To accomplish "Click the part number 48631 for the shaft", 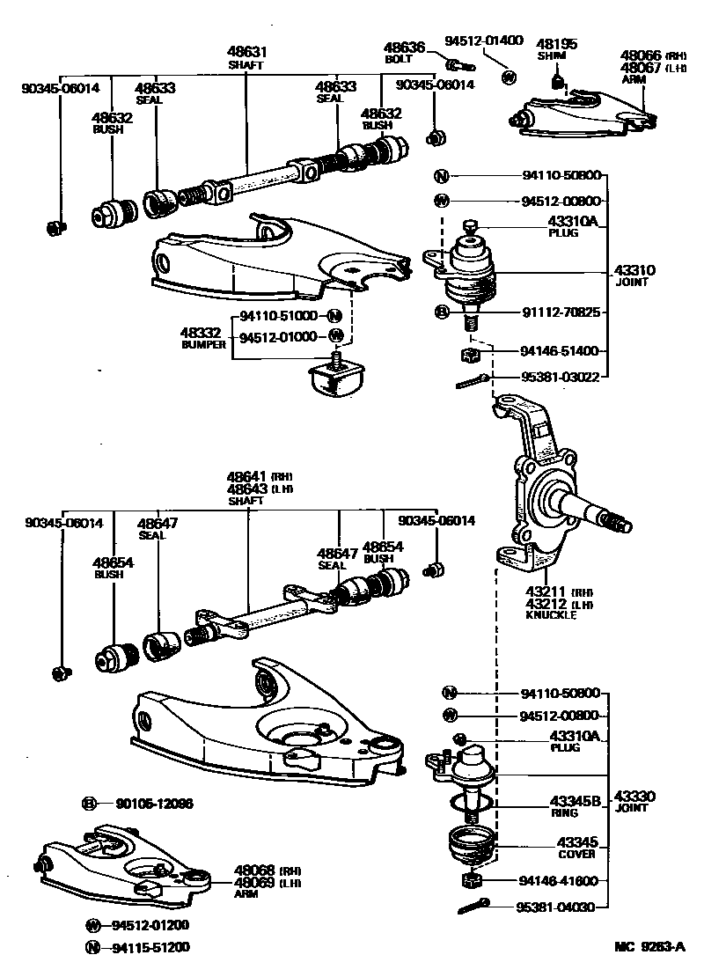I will click(247, 53).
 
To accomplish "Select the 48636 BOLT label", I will click(404, 53).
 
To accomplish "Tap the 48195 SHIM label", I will click(553, 48).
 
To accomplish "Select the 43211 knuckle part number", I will click(546, 592).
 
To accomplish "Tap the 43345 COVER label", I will click(576, 848).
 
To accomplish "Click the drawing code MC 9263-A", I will click(649, 948).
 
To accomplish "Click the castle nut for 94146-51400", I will click(469, 355).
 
